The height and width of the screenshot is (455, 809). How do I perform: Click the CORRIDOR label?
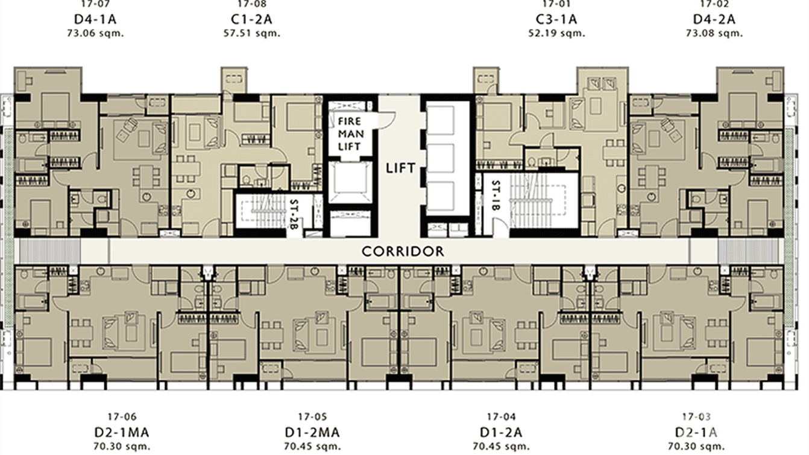(403, 251)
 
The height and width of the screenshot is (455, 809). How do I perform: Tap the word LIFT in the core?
(401, 168)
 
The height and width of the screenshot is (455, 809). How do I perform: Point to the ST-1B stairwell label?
(496, 197)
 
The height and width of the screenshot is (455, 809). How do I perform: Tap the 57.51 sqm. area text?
(251, 33)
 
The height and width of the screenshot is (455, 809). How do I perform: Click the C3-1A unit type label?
(556, 19)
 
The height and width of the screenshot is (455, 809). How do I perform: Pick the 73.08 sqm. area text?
(714, 33)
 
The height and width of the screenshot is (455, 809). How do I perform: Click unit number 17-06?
(122, 417)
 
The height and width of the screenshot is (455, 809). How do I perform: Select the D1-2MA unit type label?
(312, 432)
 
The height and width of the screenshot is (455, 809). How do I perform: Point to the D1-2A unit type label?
(501, 432)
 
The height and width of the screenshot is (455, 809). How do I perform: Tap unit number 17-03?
(697, 417)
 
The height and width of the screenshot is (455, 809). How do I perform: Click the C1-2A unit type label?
(251, 19)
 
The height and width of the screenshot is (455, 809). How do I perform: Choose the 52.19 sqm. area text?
(556, 33)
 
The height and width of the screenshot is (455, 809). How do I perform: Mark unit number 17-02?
(714, 4)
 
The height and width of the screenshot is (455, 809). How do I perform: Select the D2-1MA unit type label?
(122, 432)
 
